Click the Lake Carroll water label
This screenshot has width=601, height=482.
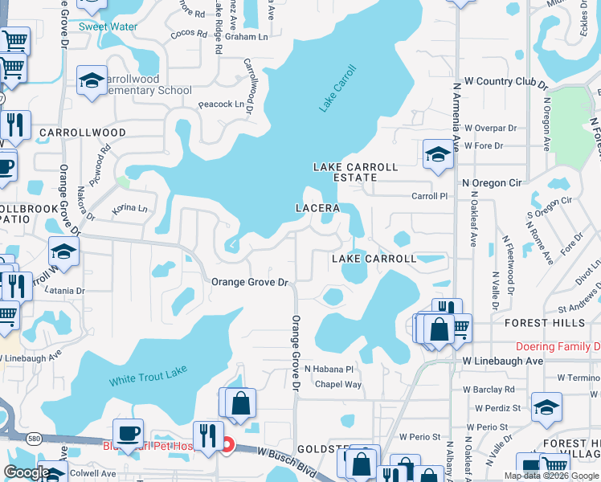click(337, 87)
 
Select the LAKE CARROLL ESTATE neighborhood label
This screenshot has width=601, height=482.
click(354, 173)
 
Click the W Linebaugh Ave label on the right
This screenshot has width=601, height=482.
click(503, 361)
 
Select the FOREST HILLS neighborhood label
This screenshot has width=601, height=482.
click(545, 323)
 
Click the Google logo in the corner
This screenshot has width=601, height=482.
click(27, 472)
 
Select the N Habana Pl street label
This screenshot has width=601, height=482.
click(329, 369)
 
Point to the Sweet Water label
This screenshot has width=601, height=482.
click(108, 27)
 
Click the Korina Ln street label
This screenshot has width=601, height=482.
click(130, 209)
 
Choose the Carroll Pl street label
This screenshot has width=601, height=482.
click(429, 196)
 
